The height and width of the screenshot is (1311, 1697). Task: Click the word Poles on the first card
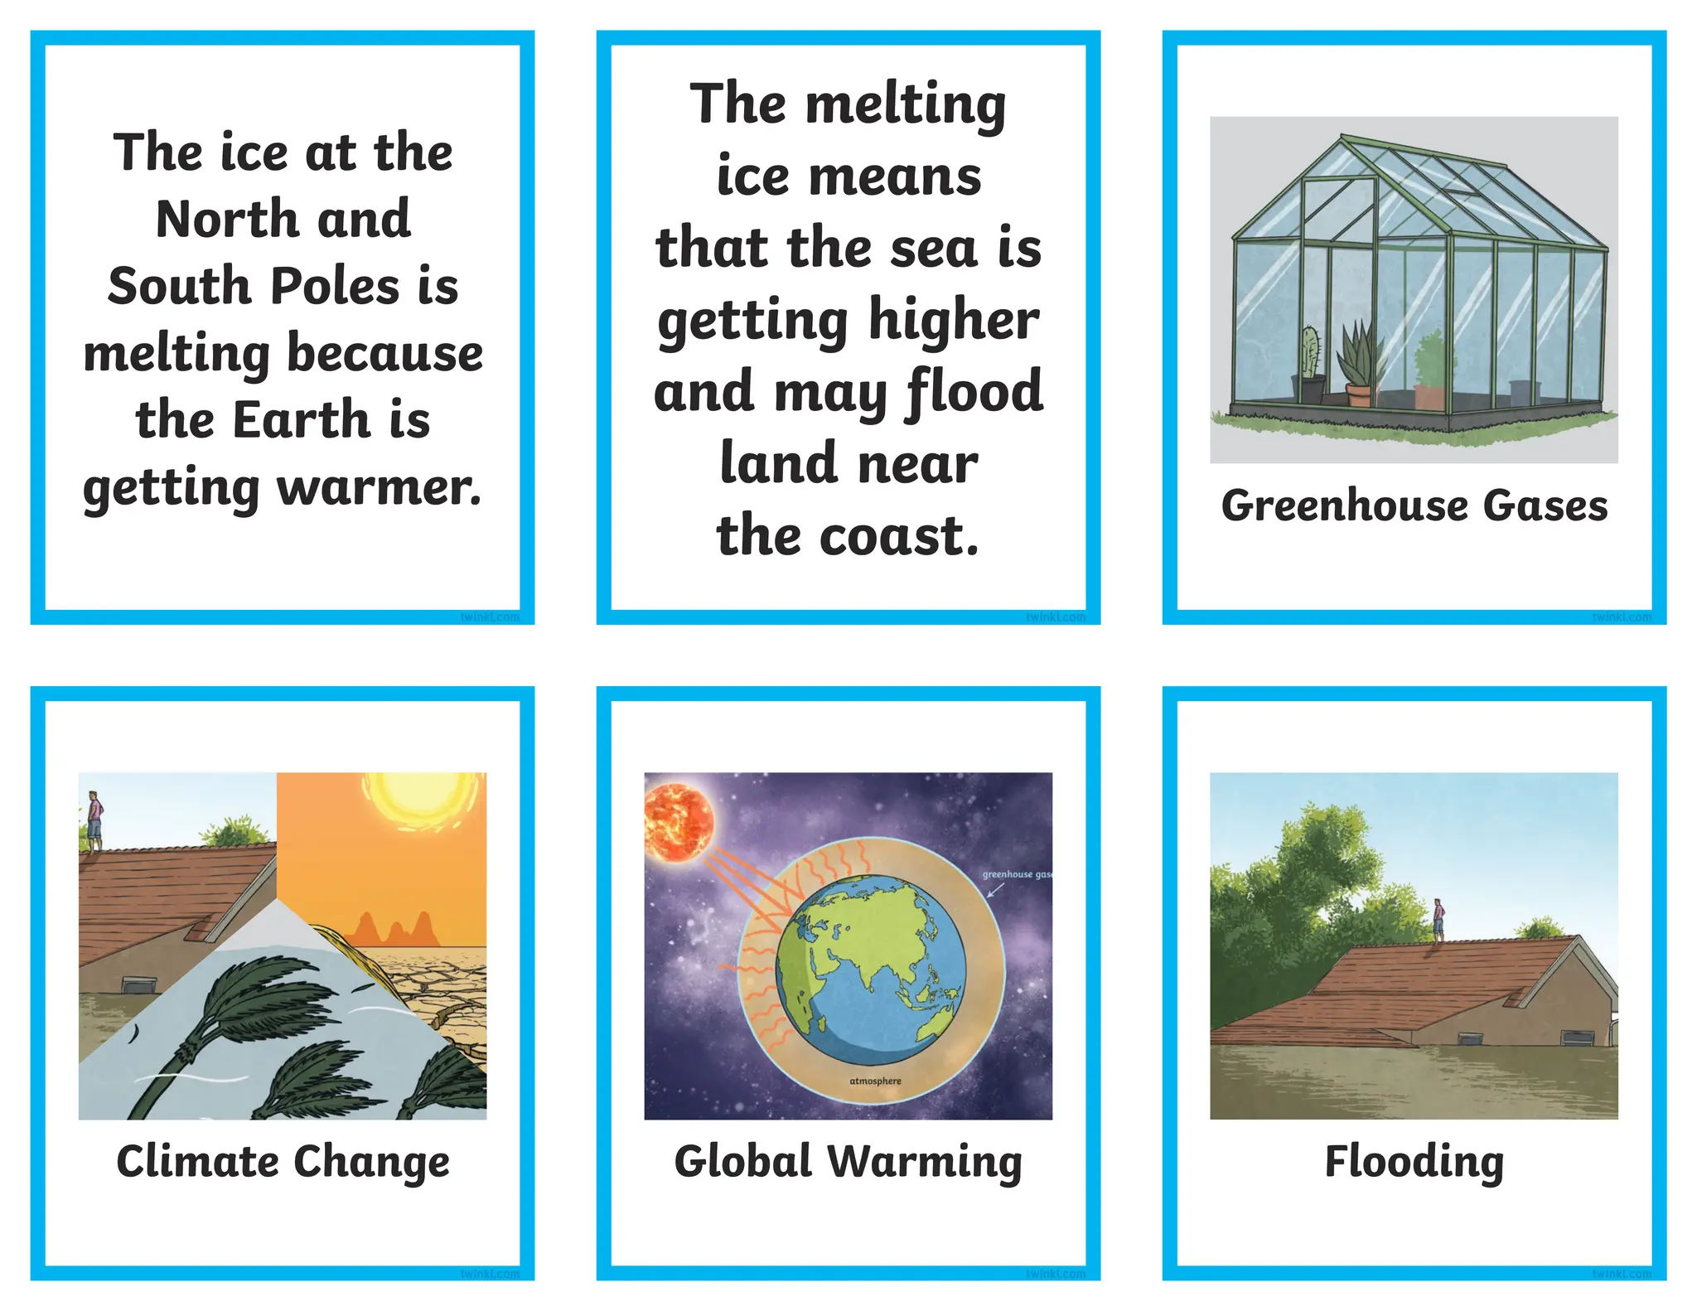(336, 286)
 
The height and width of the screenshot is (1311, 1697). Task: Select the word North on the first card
(226, 219)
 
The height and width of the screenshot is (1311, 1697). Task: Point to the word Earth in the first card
(300, 419)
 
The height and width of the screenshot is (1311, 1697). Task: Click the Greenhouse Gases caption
(1414, 506)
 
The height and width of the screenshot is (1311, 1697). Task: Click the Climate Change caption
(283, 1161)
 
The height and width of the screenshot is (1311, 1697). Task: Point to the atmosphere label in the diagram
(875, 1081)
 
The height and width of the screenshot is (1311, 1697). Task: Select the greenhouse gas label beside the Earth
(1016, 874)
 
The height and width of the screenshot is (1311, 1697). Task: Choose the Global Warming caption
(848, 1161)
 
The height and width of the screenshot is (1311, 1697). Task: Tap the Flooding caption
(1414, 1161)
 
